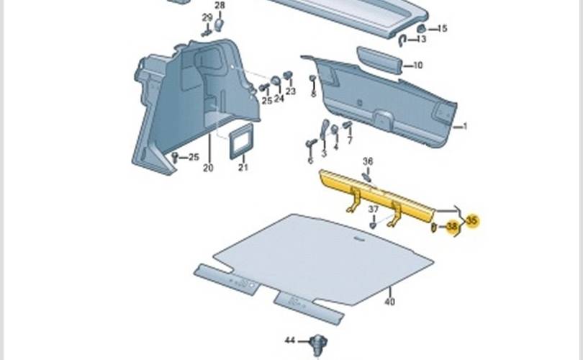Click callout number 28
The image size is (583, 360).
(x=220, y=6)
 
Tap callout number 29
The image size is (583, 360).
(x=207, y=17)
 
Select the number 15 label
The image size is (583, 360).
(x=442, y=29)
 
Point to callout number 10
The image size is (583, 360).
(x=418, y=66)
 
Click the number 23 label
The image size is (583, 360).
(x=290, y=91)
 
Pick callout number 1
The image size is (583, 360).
(x=465, y=127)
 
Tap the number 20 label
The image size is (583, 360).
(x=208, y=168)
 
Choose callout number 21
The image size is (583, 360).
(x=243, y=168)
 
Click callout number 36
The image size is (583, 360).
(x=368, y=161)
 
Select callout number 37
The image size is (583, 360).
(x=374, y=210)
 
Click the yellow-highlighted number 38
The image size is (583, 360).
(x=451, y=227)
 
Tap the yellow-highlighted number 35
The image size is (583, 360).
(x=472, y=221)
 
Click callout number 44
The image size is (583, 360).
(x=290, y=339)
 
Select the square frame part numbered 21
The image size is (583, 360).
(x=242, y=139)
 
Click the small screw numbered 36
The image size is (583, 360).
(x=367, y=175)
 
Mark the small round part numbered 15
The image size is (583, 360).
(x=421, y=30)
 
